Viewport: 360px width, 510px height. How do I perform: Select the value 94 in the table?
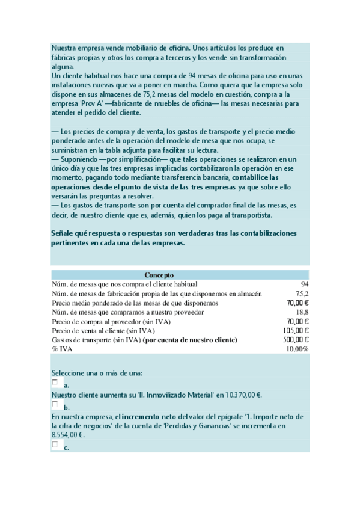(304, 284)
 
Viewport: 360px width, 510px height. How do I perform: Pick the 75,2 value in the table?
(302, 293)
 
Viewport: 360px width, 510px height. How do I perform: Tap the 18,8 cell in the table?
(302, 312)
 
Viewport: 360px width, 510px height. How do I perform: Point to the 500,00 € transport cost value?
(296, 340)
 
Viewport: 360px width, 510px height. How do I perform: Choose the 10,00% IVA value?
(297, 349)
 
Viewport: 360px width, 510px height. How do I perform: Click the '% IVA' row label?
(61, 349)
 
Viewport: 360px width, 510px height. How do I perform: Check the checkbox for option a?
(55, 382)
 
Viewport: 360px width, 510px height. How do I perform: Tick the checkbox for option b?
(55, 404)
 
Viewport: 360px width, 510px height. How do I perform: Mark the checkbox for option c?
(55, 444)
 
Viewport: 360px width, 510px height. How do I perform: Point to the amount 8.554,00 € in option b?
(67, 435)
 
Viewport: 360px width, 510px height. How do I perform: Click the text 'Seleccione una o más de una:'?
(96, 373)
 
